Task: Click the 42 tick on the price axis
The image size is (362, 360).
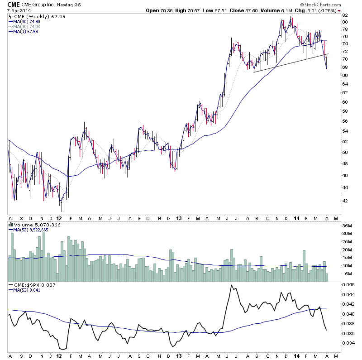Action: (x=344, y=201)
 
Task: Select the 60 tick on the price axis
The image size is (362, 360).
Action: (x=344, y=101)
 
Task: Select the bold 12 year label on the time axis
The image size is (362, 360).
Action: (x=59, y=218)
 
